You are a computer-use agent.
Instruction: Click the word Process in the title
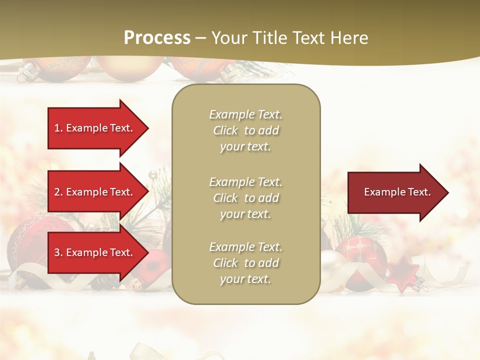tap(157, 38)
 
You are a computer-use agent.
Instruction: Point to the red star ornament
tap(403, 272)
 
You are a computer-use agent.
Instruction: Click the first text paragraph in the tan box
tap(245, 130)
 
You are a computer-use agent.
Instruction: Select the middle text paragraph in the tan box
tap(245, 198)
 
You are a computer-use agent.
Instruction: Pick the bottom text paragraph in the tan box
tap(245, 263)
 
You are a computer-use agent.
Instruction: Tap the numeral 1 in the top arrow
tap(56, 128)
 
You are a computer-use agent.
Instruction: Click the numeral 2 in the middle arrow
tap(57, 192)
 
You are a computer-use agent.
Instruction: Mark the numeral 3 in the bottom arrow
tap(57, 252)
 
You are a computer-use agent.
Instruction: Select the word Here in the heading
tap(348, 38)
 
